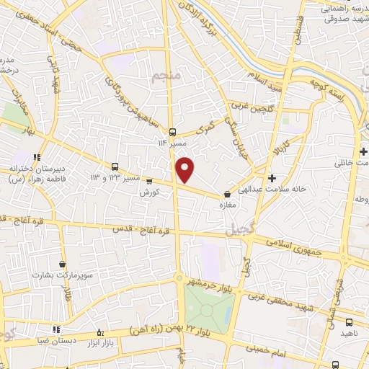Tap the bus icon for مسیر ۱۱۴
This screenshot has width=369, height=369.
[172, 132]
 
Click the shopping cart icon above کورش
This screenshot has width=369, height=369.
[150, 182]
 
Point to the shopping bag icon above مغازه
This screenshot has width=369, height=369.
[228, 193]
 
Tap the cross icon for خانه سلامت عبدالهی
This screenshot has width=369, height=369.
[271, 177]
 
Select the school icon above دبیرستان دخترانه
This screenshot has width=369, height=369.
[37, 157]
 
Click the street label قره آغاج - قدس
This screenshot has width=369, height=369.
[141, 230]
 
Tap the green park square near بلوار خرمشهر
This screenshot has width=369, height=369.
[208, 308]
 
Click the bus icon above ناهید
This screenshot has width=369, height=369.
[349, 322]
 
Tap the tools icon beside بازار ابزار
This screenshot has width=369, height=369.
[100, 333]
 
